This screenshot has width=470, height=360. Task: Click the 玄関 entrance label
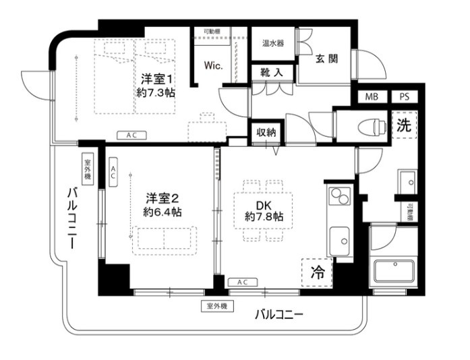pyautogui.click(x=326, y=59)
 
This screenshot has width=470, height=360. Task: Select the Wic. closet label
pyautogui.click(x=214, y=66)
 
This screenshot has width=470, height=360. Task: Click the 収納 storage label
pyautogui.click(x=266, y=132)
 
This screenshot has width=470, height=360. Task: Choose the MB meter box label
pyautogui.click(x=372, y=97)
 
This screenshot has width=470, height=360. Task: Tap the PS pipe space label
pyautogui.click(x=403, y=97)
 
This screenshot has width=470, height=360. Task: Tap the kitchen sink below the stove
pyautogui.click(x=339, y=238)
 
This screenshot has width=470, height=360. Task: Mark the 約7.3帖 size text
pyautogui.click(x=156, y=93)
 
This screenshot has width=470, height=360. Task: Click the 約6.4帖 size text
pyautogui.click(x=162, y=212)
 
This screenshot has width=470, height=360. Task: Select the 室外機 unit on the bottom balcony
pyautogui.click(x=216, y=306)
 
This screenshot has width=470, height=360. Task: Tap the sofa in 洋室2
pyautogui.click(x=165, y=237)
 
